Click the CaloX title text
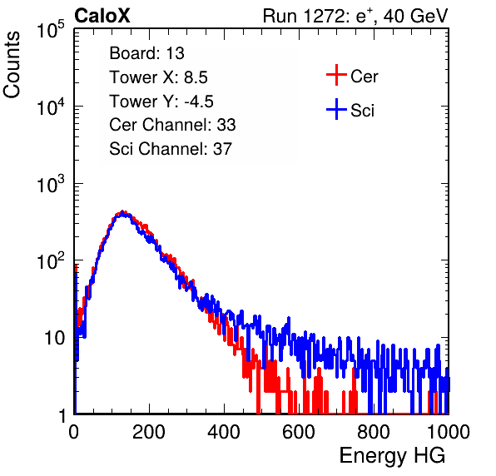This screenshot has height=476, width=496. (x=102, y=16)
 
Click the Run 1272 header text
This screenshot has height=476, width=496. (x=355, y=16)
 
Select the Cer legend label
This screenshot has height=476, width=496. (x=364, y=77)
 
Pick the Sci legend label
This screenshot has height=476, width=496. (x=362, y=110)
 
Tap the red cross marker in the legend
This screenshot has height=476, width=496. (x=336, y=75)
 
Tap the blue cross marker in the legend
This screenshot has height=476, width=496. (x=336, y=110)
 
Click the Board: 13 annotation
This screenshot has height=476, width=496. (x=146, y=53)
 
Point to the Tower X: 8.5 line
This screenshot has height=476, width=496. (x=158, y=77)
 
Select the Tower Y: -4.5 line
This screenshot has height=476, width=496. (x=161, y=102)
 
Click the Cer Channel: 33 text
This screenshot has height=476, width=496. (x=172, y=125)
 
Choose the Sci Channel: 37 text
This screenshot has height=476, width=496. (x=171, y=149)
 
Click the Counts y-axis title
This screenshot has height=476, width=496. (x=12, y=65)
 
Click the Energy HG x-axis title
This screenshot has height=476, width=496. (x=392, y=456)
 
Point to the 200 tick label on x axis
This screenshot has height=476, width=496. (x=149, y=432)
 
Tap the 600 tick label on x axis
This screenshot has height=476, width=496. (x=299, y=432)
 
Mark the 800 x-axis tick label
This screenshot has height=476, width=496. (x=374, y=432)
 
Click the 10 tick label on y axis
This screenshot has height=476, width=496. (x=54, y=338)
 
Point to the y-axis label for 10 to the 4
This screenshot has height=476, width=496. (x=51, y=107)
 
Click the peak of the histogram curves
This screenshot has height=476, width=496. (x=122, y=212)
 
